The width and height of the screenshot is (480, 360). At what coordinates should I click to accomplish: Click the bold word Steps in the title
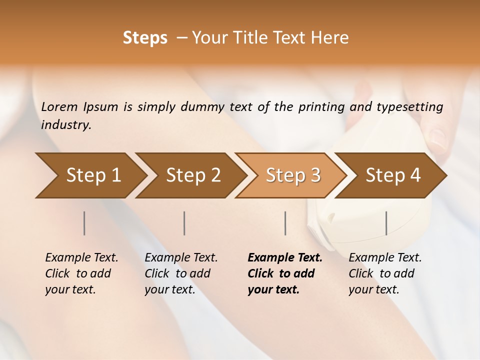tap(145, 38)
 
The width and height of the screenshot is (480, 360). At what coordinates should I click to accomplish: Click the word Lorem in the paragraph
tap(59, 107)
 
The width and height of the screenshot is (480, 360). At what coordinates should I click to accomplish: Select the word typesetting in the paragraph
tap(409, 107)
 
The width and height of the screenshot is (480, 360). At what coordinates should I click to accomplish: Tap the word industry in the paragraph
tap(65, 125)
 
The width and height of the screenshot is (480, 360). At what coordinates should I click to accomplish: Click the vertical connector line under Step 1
tap(84, 223)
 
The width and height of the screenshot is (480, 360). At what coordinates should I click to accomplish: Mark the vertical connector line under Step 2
tap(184, 223)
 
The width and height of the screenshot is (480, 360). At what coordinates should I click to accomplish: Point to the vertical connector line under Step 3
tap(285, 223)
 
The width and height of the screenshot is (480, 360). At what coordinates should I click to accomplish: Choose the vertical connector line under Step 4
tap(386, 223)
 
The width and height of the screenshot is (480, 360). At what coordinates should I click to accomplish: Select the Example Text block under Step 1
tap(81, 273)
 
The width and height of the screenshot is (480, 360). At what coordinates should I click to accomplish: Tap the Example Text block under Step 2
tap(181, 273)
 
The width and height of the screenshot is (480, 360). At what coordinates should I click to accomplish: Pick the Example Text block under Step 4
tap(385, 273)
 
